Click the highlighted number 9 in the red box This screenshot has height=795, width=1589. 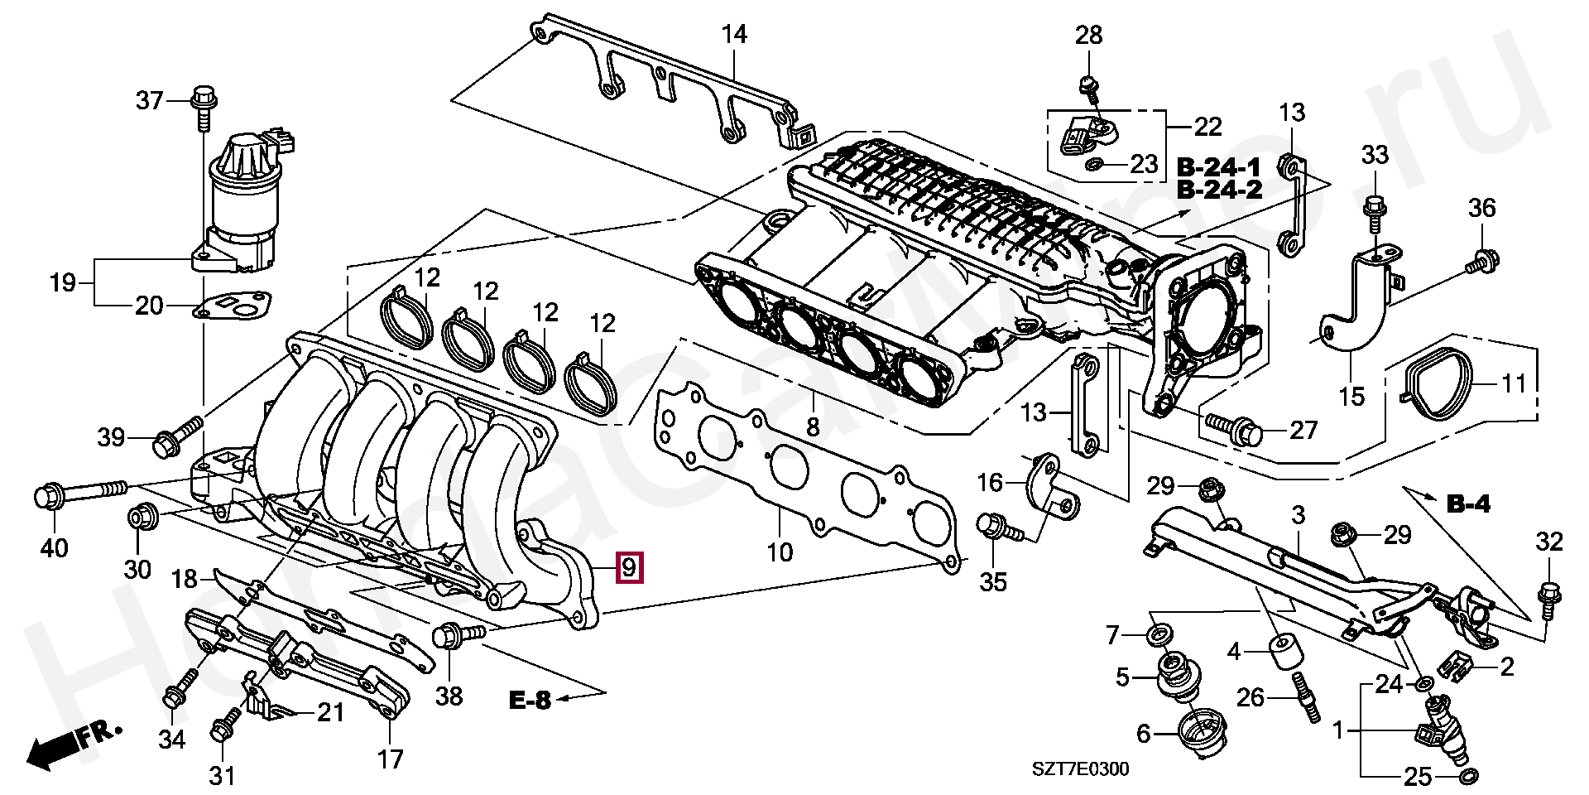pyautogui.click(x=629, y=568)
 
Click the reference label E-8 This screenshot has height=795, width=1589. pyautogui.click(x=530, y=701)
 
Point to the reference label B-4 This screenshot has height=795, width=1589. pyautogui.click(x=1468, y=503)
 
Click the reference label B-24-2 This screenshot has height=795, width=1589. pyautogui.click(x=1219, y=190)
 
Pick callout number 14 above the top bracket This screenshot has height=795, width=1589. pyautogui.click(x=733, y=35)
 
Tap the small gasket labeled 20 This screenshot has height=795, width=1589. pyautogui.click(x=233, y=306)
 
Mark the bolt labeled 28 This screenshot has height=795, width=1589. pyautogui.click(x=1087, y=86)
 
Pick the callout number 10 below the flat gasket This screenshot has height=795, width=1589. pyautogui.click(x=780, y=552)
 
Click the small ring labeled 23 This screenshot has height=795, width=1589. pyautogui.click(x=1092, y=165)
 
